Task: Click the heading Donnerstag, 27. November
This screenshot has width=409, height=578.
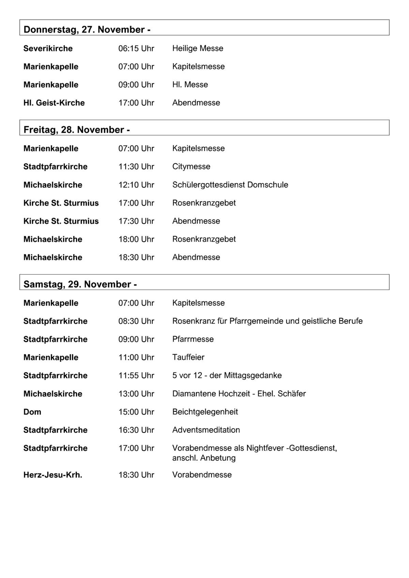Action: click(87, 30)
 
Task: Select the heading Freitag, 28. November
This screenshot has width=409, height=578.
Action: click(77, 130)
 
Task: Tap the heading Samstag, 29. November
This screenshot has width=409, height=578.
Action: click(80, 284)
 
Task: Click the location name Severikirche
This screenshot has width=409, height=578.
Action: click(48, 48)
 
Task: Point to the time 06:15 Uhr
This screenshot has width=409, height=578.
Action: click(136, 48)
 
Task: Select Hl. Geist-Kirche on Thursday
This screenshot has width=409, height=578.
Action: click(54, 103)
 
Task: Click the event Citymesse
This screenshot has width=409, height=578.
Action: click(191, 167)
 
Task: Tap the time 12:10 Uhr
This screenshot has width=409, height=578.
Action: click(136, 185)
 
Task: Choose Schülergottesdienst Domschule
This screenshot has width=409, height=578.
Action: click(230, 185)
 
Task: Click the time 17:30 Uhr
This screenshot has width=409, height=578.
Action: click(136, 221)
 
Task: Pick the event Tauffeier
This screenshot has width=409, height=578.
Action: click(188, 357)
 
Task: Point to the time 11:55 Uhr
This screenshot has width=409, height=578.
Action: click(136, 376)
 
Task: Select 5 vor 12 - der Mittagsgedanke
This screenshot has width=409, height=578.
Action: click(227, 376)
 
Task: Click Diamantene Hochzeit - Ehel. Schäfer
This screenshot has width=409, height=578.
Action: click(239, 394)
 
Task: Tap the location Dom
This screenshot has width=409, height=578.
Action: click(32, 412)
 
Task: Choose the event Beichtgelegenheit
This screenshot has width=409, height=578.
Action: click(205, 412)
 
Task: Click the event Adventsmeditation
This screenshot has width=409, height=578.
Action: click(206, 430)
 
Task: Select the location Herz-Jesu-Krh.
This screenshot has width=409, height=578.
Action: click(53, 475)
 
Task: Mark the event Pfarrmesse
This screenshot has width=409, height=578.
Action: click(193, 339)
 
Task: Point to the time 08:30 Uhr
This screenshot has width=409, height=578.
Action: click(136, 321)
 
